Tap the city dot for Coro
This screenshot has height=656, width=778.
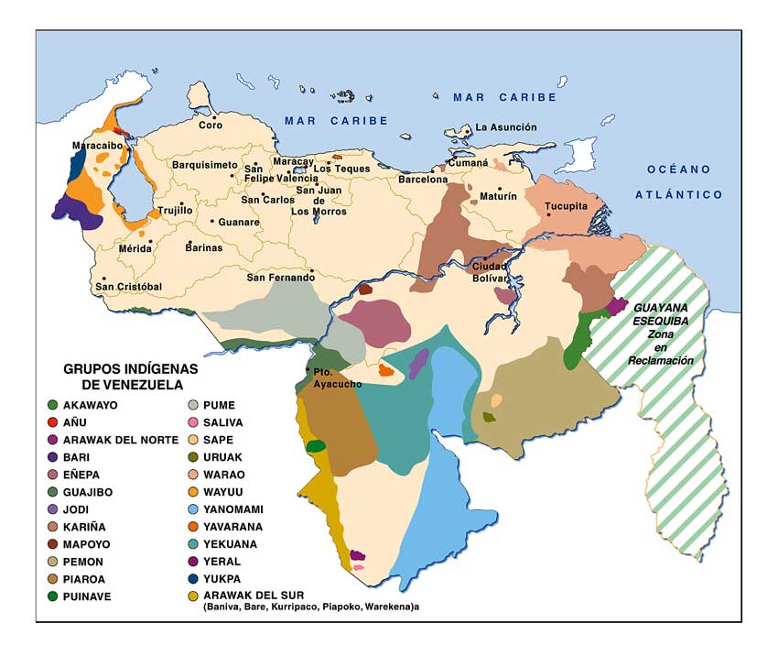tap(214, 117)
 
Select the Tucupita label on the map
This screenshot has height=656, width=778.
tap(566, 206)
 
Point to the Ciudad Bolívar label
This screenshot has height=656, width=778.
tap(489, 271)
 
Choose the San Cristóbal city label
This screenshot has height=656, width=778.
tap(128, 287)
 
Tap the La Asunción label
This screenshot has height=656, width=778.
tap(506, 127)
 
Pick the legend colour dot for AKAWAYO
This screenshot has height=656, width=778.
tap(54, 404)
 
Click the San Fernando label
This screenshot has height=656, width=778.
tap(280, 278)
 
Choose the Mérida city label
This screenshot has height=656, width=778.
tap(135, 248)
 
